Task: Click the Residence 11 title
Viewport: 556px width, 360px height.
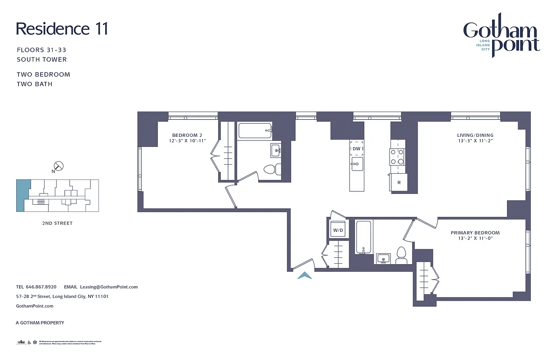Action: [x=62, y=29]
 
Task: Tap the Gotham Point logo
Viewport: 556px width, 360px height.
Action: [x=501, y=38]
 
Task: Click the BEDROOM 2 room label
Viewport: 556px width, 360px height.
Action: [x=187, y=135]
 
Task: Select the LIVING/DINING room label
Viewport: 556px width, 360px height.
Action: [x=475, y=135]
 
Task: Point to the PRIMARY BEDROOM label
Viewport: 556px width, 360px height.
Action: [x=475, y=233]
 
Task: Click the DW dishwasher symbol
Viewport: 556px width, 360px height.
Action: [x=357, y=148]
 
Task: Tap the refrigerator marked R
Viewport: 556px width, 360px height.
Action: [x=399, y=183]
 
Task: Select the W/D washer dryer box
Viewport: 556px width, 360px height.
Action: [x=338, y=230]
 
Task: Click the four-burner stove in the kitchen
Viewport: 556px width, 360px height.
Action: [x=397, y=157]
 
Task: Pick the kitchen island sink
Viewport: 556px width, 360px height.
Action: [x=357, y=163]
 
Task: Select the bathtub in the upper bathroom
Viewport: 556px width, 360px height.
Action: [x=255, y=131]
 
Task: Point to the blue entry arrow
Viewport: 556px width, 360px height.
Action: [x=305, y=275]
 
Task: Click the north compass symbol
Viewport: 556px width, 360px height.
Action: [x=58, y=166]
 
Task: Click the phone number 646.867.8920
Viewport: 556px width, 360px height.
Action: [x=41, y=287]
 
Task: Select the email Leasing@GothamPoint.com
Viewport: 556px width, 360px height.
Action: [x=108, y=287]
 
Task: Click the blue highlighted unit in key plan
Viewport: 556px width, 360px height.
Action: [x=22, y=195]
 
